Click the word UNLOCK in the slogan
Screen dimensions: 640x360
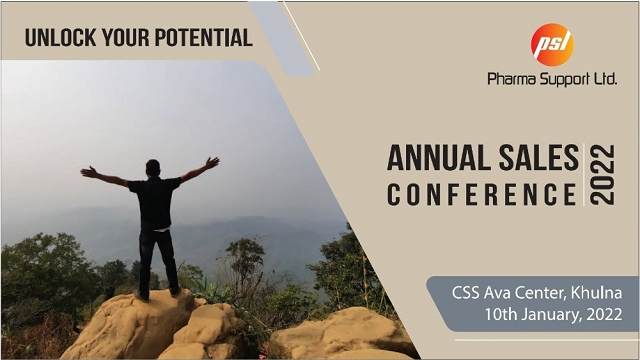point(60,38)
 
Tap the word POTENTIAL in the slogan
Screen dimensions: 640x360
point(204,38)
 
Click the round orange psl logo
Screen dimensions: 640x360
point(552,44)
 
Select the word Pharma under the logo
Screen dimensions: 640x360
point(511,78)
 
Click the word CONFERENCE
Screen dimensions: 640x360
point(482,194)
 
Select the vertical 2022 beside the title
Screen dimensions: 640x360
point(603,174)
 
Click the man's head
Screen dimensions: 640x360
point(153,169)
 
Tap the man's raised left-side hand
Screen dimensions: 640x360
point(87,171)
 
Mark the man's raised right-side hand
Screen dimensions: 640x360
point(212,162)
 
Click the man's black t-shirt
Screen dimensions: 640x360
point(155,203)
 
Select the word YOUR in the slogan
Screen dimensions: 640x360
point(125,38)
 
